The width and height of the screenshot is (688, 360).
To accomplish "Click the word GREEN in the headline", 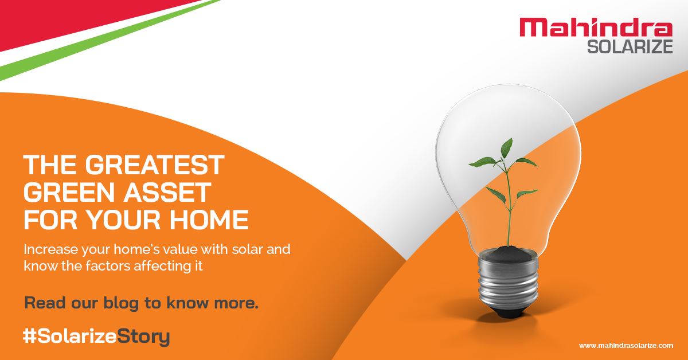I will click(x=64, y=193).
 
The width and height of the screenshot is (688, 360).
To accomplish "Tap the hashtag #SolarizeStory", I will click(x=96, y=336).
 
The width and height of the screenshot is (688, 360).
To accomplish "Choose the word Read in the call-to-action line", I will click(x=44, y=303).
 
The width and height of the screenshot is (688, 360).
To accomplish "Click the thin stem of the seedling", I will click(x=507, y=212).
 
